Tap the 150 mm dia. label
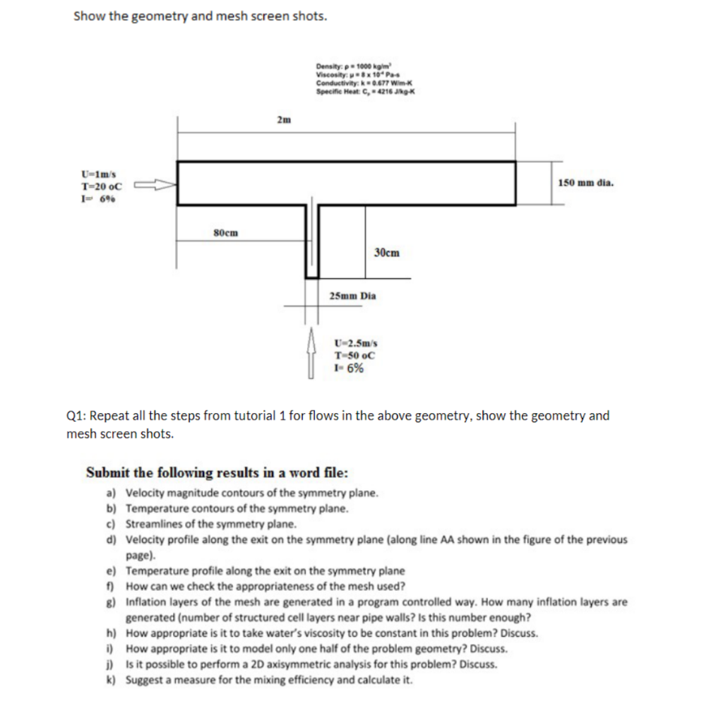tap(585, 183)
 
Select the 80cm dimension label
tap(225, 232)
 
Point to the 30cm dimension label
tap(386, 252)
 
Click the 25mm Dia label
tap(352, 297)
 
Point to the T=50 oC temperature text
tap(350, 355)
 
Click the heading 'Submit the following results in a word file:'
tap(217, 472)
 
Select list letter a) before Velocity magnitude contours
tap(112, 492)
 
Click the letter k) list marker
tap(112, 680)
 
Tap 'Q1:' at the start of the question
tap(76, 415)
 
